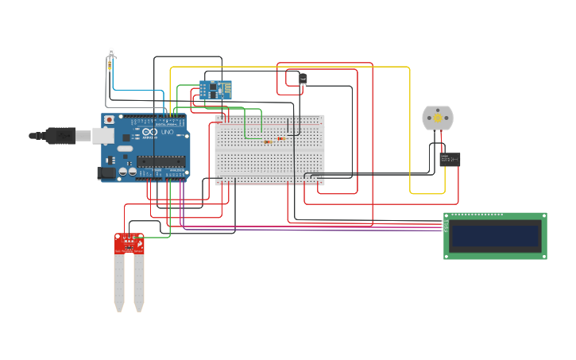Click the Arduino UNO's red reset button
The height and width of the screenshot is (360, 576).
[109, 120]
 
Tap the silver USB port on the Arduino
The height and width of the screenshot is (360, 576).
[102, 136]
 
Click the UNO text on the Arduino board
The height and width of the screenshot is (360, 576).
[167, 132]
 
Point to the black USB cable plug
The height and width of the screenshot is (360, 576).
[60, 136]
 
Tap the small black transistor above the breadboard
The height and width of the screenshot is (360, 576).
[302, 78]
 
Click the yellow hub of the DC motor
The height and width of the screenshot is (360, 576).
[437, 117]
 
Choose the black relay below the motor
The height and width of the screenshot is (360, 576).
[450, 159]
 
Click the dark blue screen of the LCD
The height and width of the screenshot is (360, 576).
[494, 236]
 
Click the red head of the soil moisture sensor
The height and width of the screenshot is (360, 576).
[129, 243]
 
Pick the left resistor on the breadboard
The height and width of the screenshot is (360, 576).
[268, 141]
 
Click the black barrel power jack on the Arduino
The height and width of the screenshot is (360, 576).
[106, 172]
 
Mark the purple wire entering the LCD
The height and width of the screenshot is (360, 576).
[318, 230]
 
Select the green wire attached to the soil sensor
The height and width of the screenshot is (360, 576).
[159, 236]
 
